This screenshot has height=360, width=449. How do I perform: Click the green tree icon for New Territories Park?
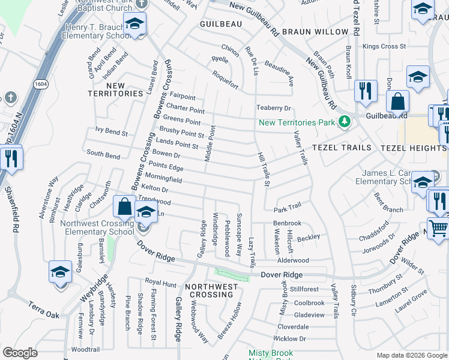point(344,122)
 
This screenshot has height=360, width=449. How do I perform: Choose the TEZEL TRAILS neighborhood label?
point(337,148)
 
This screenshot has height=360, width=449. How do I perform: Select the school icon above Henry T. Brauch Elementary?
point(135,24)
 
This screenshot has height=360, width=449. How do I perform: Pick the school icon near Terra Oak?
point(60,272)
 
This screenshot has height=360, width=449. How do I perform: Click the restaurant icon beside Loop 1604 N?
point(11,159)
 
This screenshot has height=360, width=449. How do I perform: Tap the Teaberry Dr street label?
point(274,109)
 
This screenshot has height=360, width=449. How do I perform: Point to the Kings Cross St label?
point(385,46)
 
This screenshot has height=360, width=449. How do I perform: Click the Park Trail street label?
point(287,210)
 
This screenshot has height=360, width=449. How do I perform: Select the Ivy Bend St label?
point(112,130)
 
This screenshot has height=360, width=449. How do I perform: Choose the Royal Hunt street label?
point(161,282)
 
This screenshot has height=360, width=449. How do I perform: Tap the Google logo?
point(20,353)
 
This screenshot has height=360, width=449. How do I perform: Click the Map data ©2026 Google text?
point(411,355)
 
